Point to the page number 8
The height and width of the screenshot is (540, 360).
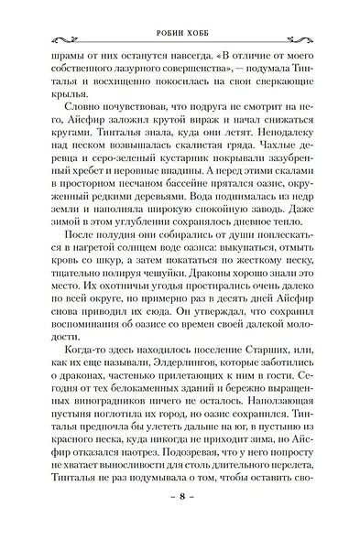181,519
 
